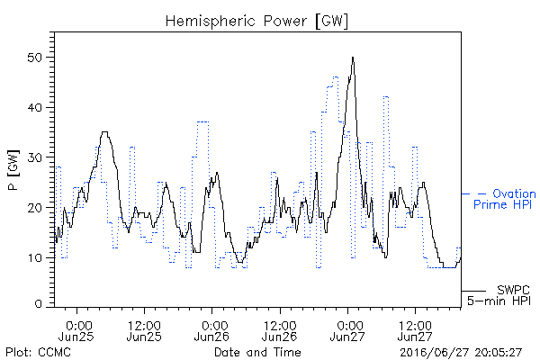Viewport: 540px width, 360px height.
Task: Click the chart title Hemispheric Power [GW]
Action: point(256,22)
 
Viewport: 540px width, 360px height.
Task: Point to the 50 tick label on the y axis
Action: point(34,58)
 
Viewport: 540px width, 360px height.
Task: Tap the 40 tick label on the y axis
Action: point(34,108)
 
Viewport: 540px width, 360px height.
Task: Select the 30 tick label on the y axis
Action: point(34,157)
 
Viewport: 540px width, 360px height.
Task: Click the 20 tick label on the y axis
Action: point(34,208)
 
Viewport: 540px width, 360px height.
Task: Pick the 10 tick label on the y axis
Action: point(34,257)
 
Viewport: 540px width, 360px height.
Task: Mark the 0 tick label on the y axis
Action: point(38,304)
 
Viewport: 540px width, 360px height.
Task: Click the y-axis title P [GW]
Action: point(13,170)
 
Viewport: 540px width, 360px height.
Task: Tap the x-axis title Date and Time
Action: point(257,353)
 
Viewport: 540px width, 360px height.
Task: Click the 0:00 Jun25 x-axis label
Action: point(76,331)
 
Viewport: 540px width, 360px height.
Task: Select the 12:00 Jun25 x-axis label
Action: point(144,331)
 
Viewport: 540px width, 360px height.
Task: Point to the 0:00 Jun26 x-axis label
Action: point(212,331)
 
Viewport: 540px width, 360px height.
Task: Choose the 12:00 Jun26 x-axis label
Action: point(280,331)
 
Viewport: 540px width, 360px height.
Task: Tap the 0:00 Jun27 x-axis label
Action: point(347,331)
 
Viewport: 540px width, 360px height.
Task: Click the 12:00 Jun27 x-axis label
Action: point(416,331)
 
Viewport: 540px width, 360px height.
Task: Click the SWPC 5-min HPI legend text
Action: point(499,295)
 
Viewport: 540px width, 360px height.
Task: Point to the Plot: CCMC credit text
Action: point(38,353)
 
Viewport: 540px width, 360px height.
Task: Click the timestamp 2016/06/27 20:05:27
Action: point(461,353)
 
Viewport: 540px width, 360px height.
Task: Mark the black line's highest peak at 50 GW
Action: point(353,58)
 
